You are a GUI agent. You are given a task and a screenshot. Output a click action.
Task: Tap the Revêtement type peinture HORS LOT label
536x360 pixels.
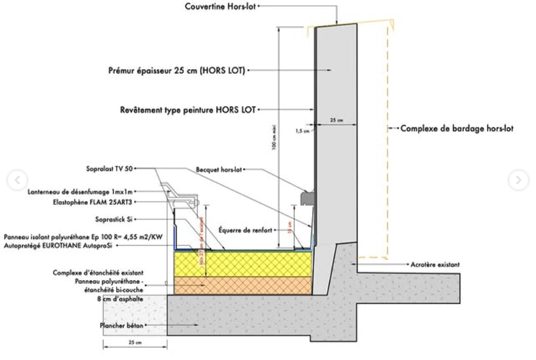(x=187, y=109)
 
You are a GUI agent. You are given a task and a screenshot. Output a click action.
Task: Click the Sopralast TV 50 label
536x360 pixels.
(x=109, y=169)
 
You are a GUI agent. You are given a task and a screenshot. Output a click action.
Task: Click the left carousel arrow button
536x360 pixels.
(x=14, y=180)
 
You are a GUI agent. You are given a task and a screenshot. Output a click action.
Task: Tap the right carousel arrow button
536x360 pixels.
(x=518, y=180)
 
